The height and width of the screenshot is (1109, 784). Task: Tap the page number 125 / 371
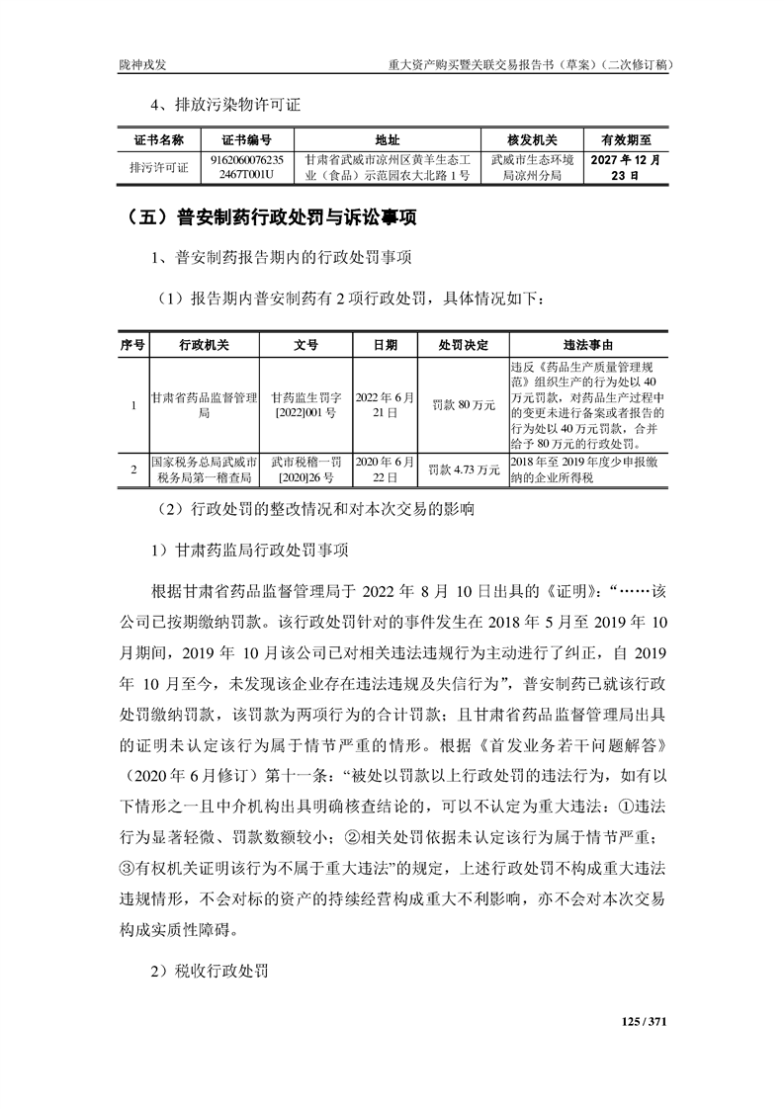click(x=644, y=1021)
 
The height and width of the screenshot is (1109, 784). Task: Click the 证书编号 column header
click(x=247, y=140)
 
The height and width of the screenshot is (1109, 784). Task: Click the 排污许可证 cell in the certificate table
click(x=159, y=167)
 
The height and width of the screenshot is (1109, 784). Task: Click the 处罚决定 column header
click(x=464, y=346)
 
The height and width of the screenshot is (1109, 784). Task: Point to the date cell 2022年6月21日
click(x=386, y=405)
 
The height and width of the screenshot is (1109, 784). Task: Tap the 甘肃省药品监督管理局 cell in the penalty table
click(x=203, y=405)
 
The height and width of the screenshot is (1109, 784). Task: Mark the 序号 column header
click(x=133, y=346)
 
